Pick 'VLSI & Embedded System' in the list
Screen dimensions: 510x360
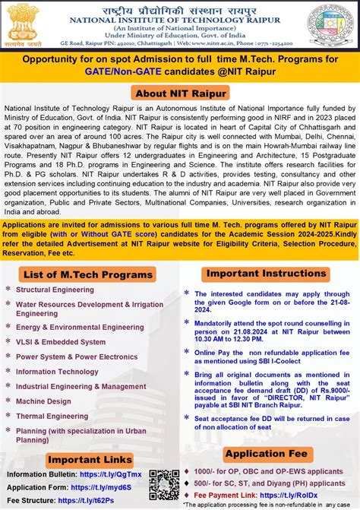pos(61,342)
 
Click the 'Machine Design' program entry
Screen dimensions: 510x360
pos(43,401)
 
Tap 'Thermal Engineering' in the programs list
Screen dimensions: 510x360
pos(52,416)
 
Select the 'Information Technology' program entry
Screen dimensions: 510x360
pos(57,372)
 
